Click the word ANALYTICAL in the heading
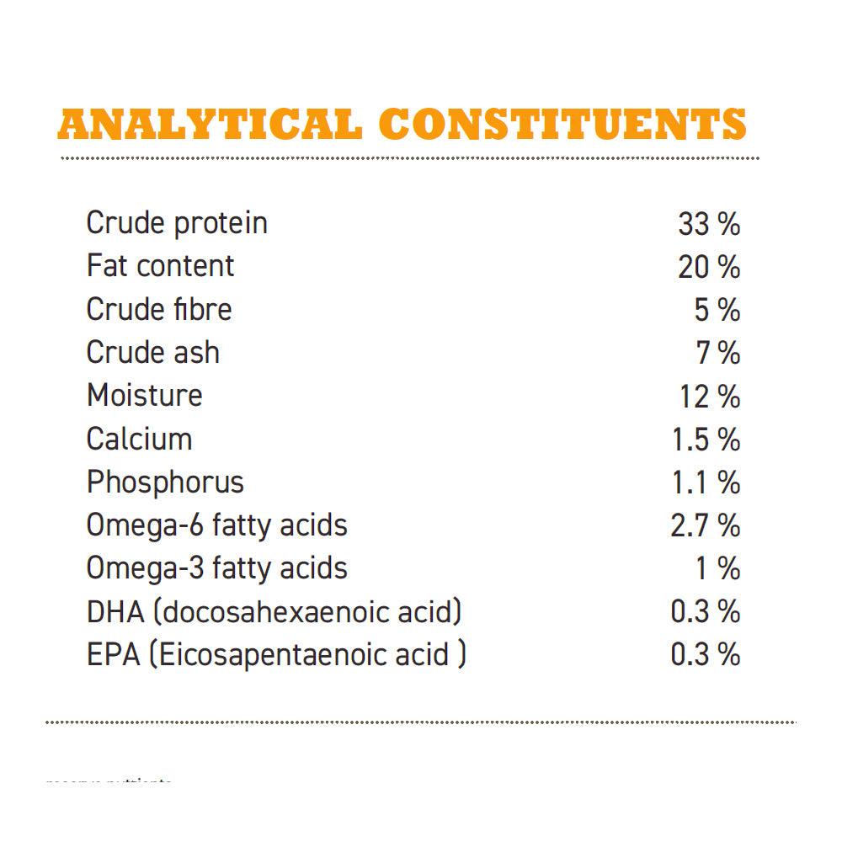point(210,125)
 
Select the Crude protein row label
point(177,223)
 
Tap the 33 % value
point(709,224)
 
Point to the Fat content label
point(160,266)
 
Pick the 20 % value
point(709,267)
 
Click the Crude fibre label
point(159,309)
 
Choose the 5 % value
point(717,310)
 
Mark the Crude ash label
point(152,352)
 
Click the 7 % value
point(717,353)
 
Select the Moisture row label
point(145,395)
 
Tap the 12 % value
point(710,396)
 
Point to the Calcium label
point(139,439)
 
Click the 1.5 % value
point(706,440)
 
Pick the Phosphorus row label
point(165,482)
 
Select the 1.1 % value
point(706,482)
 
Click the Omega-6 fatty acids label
point(216,525)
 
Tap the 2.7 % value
point(706,525)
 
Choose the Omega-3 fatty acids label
point(216,568)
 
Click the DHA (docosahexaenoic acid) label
point(274,611)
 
